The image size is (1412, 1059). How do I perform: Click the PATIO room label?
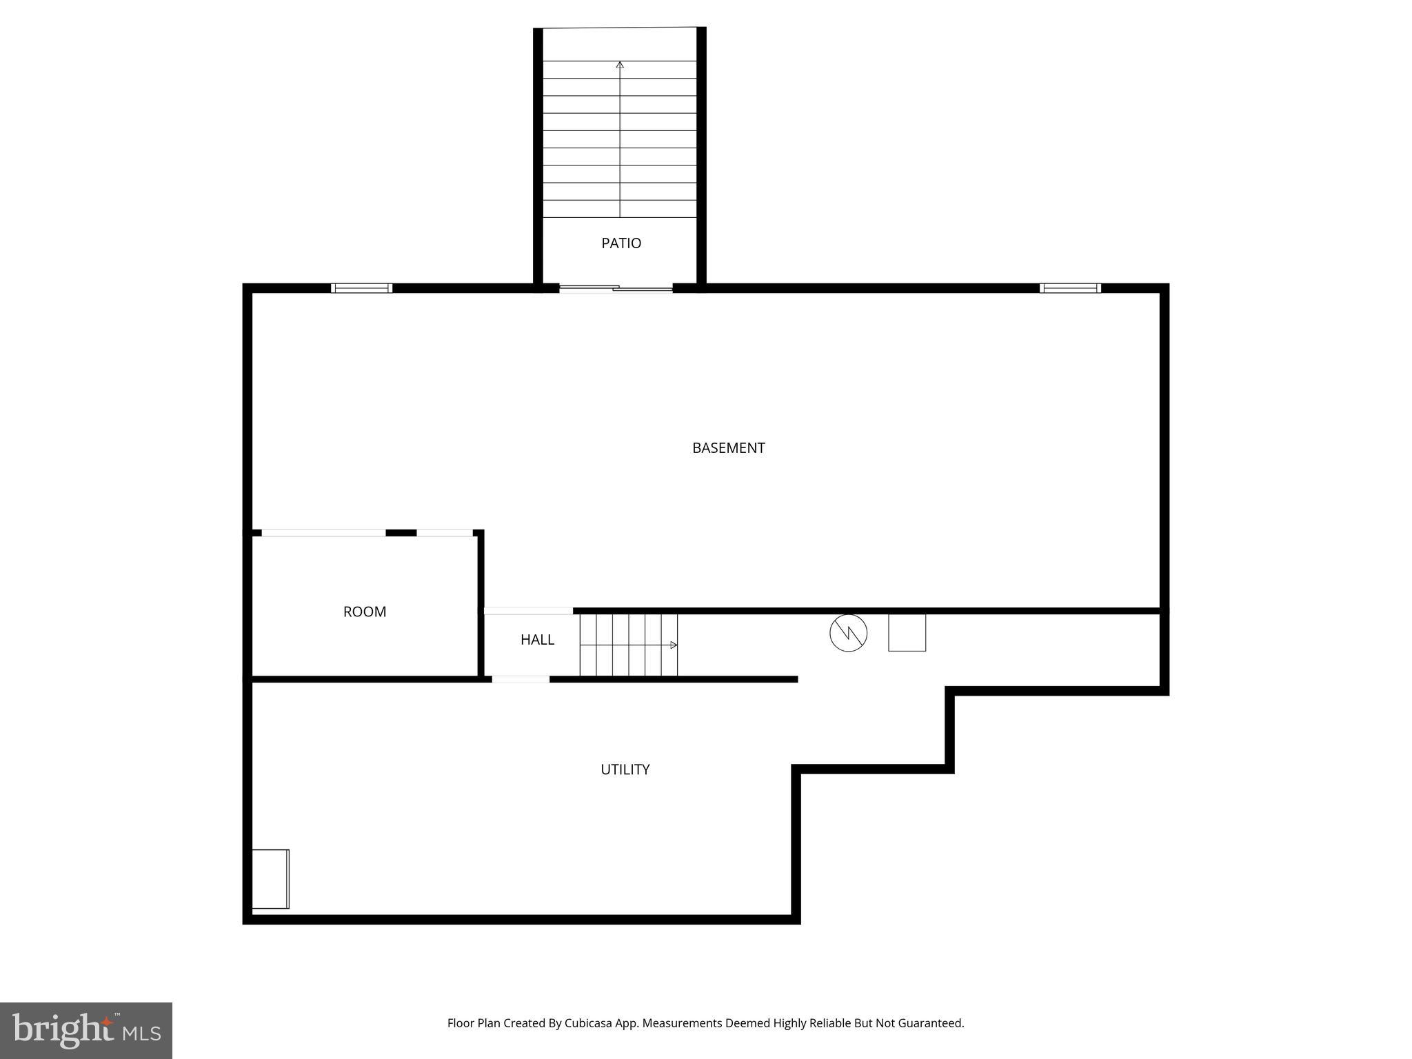(x=621, y=243)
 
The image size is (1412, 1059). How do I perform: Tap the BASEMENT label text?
(x=728, y=448)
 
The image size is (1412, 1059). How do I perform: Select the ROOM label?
(x=365, y=612)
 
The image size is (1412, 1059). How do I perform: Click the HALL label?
(x=537, y=640)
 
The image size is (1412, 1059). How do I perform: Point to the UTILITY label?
(x=625, y=769)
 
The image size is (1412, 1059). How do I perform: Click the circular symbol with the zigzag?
(x=848, y=633)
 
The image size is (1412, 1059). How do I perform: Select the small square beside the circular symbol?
(x=907, y=633)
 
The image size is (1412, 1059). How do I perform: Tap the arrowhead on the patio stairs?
(x=620, y=65)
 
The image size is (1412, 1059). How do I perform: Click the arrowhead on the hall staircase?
(x=674, y=645)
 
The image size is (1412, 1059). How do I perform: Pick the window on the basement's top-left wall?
(x=361, y=288)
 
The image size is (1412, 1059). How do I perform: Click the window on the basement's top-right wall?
(x=1070, y=288)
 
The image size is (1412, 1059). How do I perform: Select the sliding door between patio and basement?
(x=616, y=289)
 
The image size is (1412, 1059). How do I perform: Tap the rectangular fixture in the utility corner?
(x=270, y=879)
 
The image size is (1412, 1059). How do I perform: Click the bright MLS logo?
(x=86, y=1030)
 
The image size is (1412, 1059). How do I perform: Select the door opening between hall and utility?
(x=521, y=680)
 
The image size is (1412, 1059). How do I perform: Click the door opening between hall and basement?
(x=528, y=611)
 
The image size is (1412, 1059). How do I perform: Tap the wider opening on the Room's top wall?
(x=323, y=533)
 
